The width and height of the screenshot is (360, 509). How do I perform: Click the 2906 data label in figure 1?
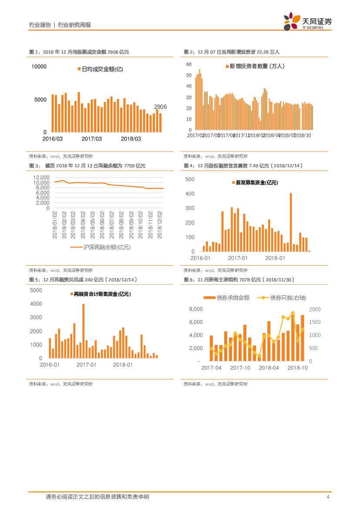click(x=161, y=107)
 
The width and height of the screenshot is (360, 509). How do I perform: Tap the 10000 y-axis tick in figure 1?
click(x=39, y=67)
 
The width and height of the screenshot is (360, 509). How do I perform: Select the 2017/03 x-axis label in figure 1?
click(x=92, y=138)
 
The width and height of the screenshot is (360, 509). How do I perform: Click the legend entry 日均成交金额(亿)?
click(x=100, y=69)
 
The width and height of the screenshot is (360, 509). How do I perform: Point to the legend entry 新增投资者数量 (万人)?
click(x=255, y=66)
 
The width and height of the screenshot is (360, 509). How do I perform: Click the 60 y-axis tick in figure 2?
click(x=189, y=64)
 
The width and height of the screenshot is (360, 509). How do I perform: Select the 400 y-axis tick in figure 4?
click(x=190, y=194)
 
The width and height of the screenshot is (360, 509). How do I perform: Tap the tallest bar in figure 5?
click(x=84, y=331)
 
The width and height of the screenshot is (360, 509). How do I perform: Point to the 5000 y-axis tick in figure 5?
click(x=37, y=290)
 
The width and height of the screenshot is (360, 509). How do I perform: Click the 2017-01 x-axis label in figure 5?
click(x=86, y=365)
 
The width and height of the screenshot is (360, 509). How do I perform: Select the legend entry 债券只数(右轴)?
click(x=282, y=298)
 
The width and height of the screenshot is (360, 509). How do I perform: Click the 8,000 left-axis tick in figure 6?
click(x=196, y=309)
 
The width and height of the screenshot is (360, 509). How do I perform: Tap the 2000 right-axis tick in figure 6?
click(x=315, y=309)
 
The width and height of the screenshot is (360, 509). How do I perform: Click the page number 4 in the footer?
click(x=328, y=497)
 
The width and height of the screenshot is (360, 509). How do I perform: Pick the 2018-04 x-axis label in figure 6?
click(x=269, y=368)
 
